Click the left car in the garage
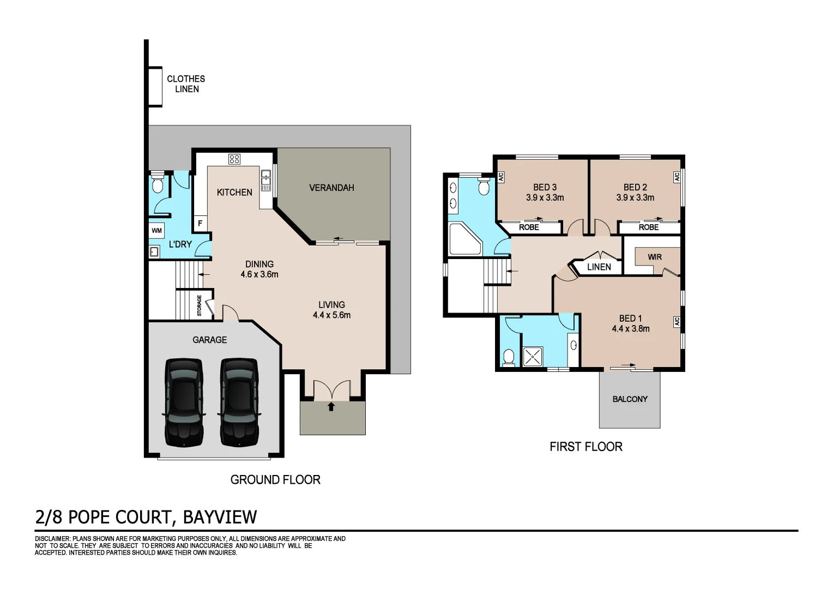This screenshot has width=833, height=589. point(184,402)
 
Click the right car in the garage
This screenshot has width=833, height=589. point(239,402)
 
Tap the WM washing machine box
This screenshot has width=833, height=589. point(157,231)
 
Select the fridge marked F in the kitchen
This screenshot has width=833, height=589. point(200,224)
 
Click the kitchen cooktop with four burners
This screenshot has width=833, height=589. point(234,159)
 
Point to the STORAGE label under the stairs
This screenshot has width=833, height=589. point(200,306)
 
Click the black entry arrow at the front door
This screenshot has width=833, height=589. point(331,406)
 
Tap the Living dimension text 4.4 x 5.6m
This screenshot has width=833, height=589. point(331,315)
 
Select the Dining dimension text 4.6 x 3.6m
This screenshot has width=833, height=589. point(259,274)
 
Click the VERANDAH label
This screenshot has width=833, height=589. point(331,188)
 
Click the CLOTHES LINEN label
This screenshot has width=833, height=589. point(186,84)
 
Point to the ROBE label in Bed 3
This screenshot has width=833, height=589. point(529,227)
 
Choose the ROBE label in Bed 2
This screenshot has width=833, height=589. point(649,227)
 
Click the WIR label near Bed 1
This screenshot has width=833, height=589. point(655,257)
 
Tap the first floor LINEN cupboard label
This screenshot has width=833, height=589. point(599,267)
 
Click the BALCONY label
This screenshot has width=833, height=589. point(630,399)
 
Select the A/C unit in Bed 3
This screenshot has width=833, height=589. point(500,177)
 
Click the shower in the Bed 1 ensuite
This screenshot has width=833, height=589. point(533,357)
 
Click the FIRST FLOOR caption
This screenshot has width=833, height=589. point(586,447)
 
